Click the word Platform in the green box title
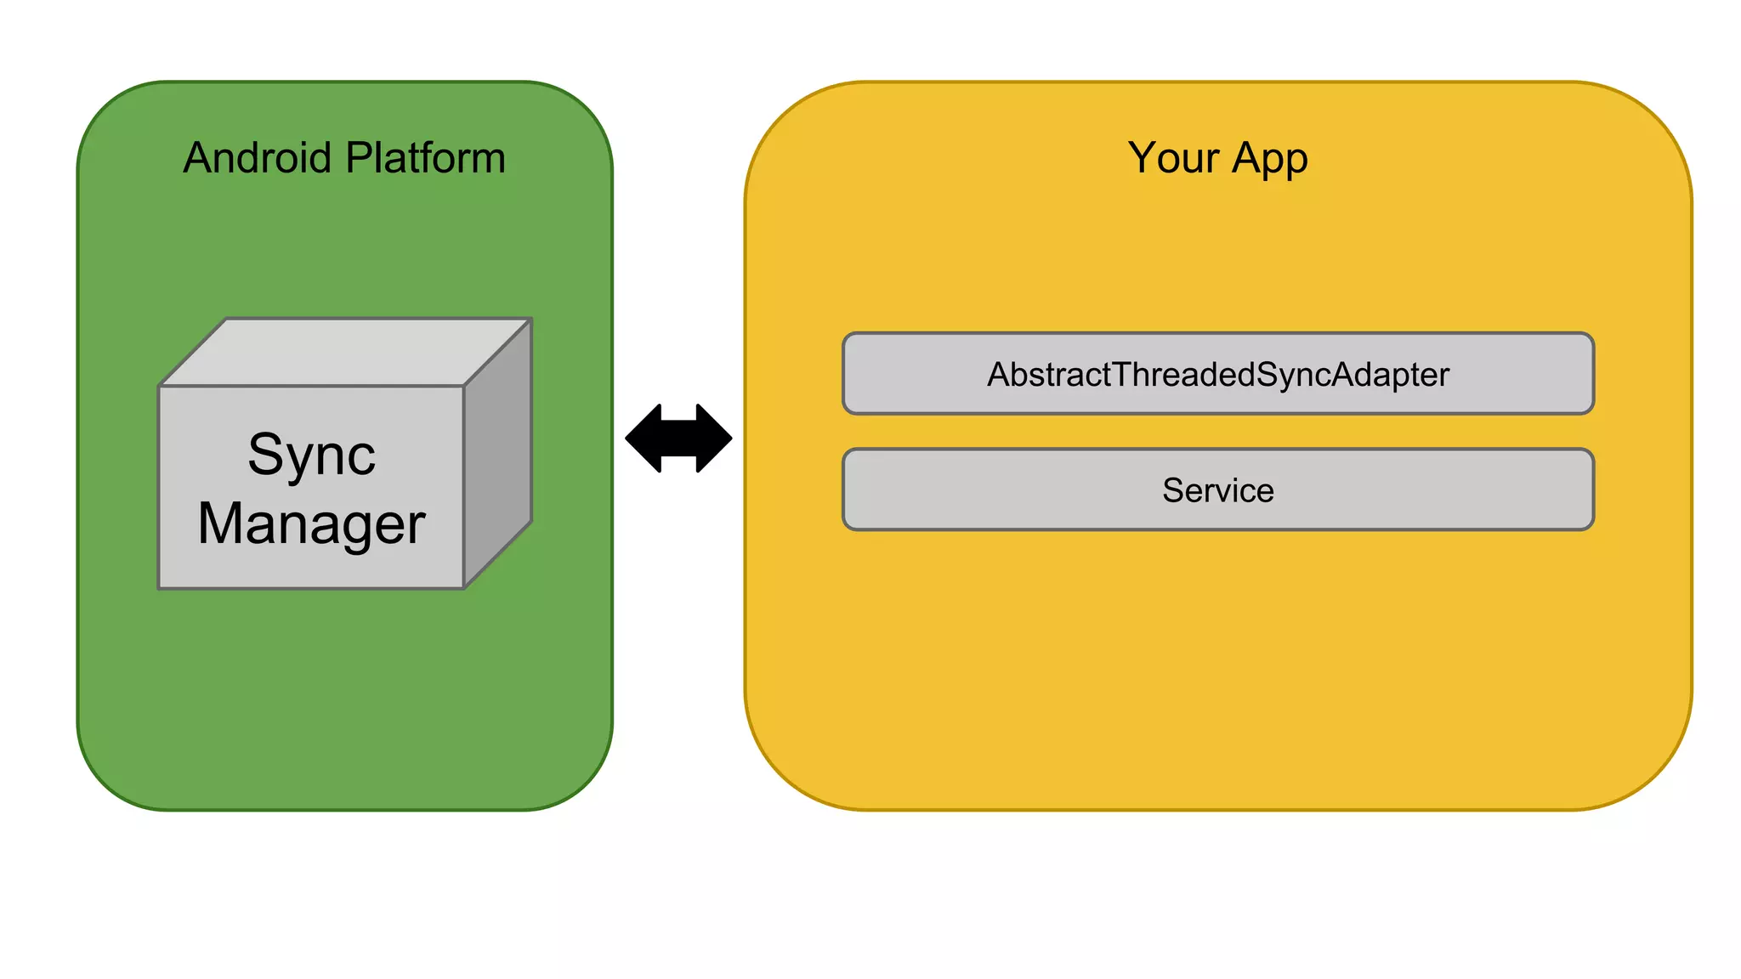(x=426, y=158)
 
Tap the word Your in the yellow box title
(x=1173, y=158)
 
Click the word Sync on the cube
(x=311, y=456)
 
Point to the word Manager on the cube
(x=311, y=524)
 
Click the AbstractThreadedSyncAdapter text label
(x=1217, y=375)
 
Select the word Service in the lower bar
(x=1217, y=490)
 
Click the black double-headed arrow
(x=678, y=439)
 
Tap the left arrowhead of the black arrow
(x=644, y=439)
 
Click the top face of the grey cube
(x=344, y=352)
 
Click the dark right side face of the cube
(x=497, y=453)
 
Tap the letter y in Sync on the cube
(x=300, y=460)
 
